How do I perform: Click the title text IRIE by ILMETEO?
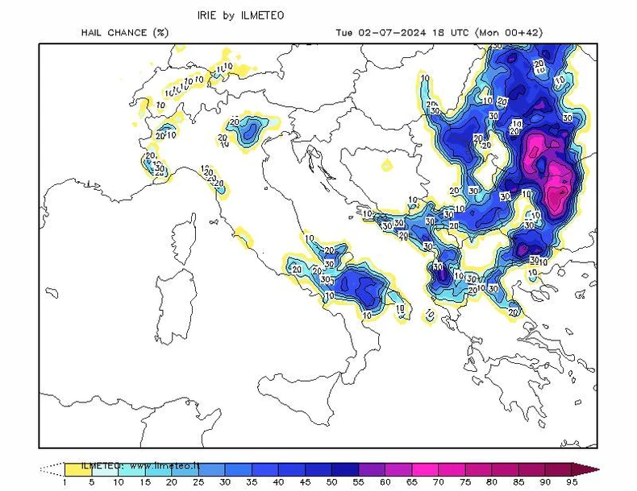pyautogui.click(x=240, y=14)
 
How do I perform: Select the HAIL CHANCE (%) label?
pyautogui.click(x=124, y=33)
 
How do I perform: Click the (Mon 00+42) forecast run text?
pyautogui.click(x=510, y=33)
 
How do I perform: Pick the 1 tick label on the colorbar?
pyautogui.click(x=64, y=482)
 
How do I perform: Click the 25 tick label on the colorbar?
pyautogui.click(x=198, y=482)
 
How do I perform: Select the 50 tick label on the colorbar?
pyautogui.click(x=331, y=482)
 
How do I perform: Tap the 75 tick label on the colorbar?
pyautogui.click(x=465, y=482)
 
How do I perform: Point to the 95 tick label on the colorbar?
pyautogui.click(x=572, y=482)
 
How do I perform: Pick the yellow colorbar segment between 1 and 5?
pyautogui.click(x=77, y=468)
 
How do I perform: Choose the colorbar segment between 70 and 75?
pyautogui.click(x=452, y=468)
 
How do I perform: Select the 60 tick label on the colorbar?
pyautogui.click(x=385, y=482)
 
